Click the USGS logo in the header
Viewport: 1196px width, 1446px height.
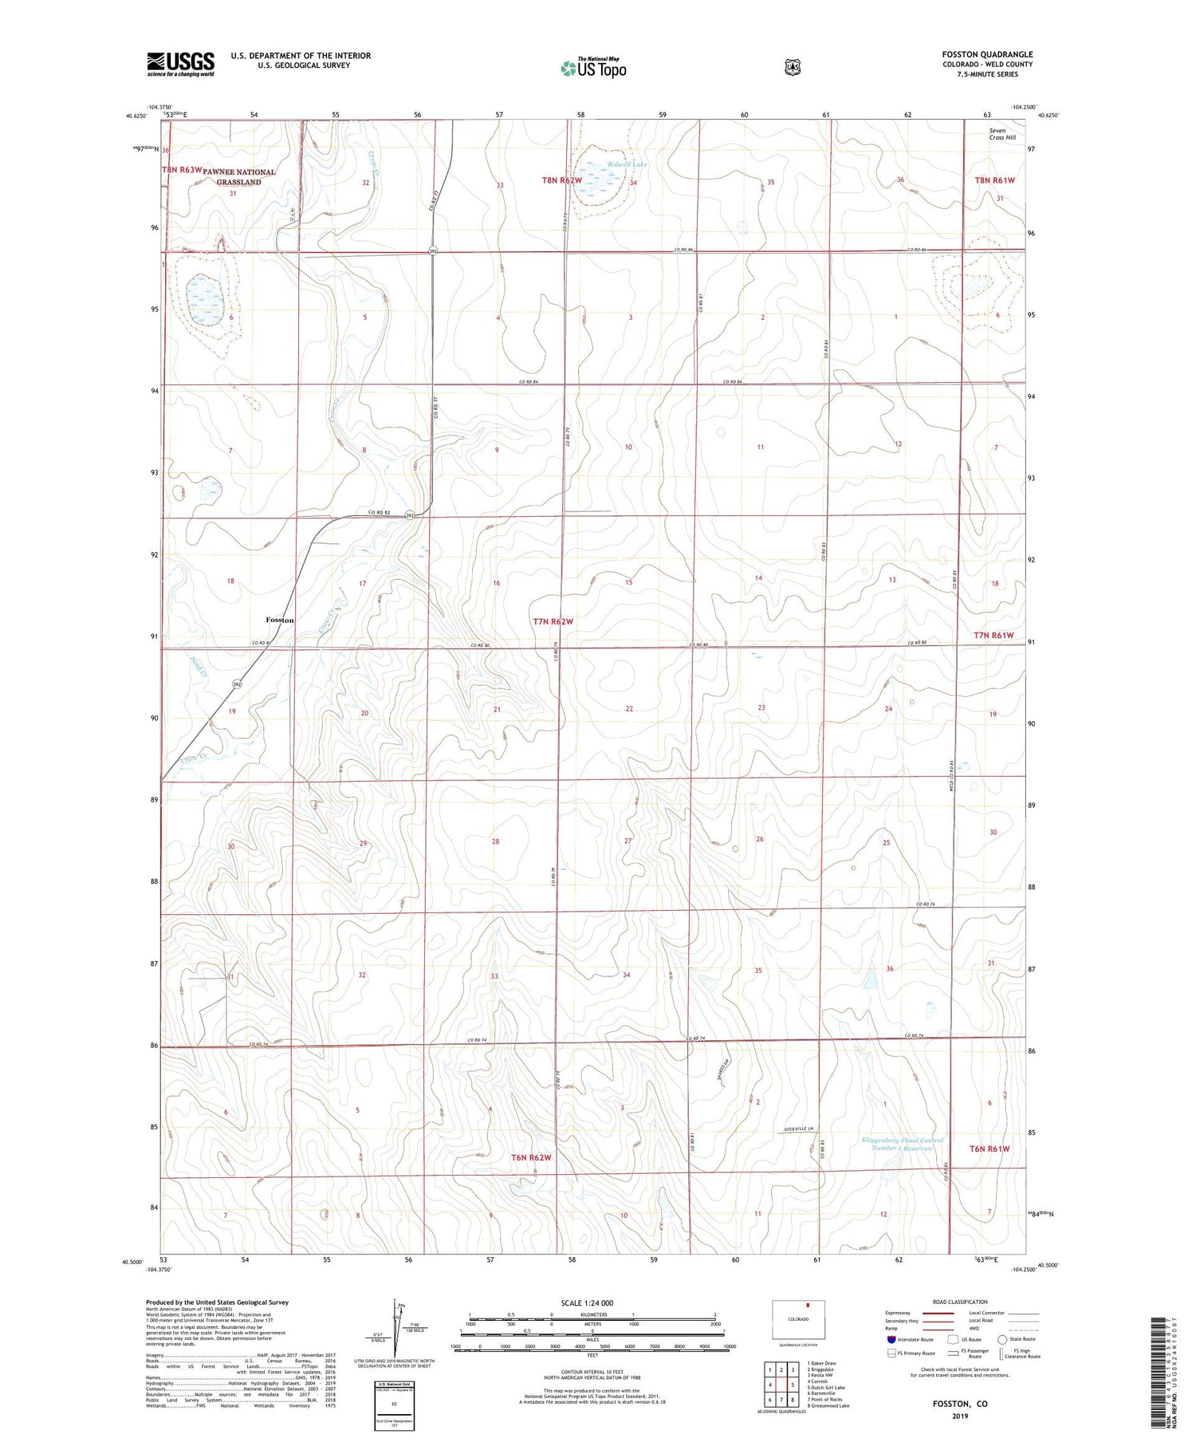pyautogui.click(x=180, y=64)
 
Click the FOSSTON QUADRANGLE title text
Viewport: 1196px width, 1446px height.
pyautogui.click(x=986, y=54)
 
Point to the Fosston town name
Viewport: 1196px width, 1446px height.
pyautogui.click(x=280, y=620)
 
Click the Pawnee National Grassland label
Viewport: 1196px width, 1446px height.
pyautogui.click(x=238, y=177)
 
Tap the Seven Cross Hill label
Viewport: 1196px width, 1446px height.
pyautogui.click(x=1002, y=134)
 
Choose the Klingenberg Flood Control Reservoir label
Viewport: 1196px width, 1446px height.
pyautogui.click(x=902, y=1144)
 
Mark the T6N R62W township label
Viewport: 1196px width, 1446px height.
pyautogui.click(x=531, y=1156)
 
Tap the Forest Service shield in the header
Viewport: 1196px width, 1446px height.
pyautogui.click(x=792, y=68)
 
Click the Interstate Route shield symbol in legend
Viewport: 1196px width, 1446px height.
pyautogui.click(x=891, y=1339)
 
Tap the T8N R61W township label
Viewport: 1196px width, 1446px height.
pyautogui.click(x=994, y=180)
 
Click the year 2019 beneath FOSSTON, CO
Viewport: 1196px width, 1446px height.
pyautogui.click(x=959, y=1416)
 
